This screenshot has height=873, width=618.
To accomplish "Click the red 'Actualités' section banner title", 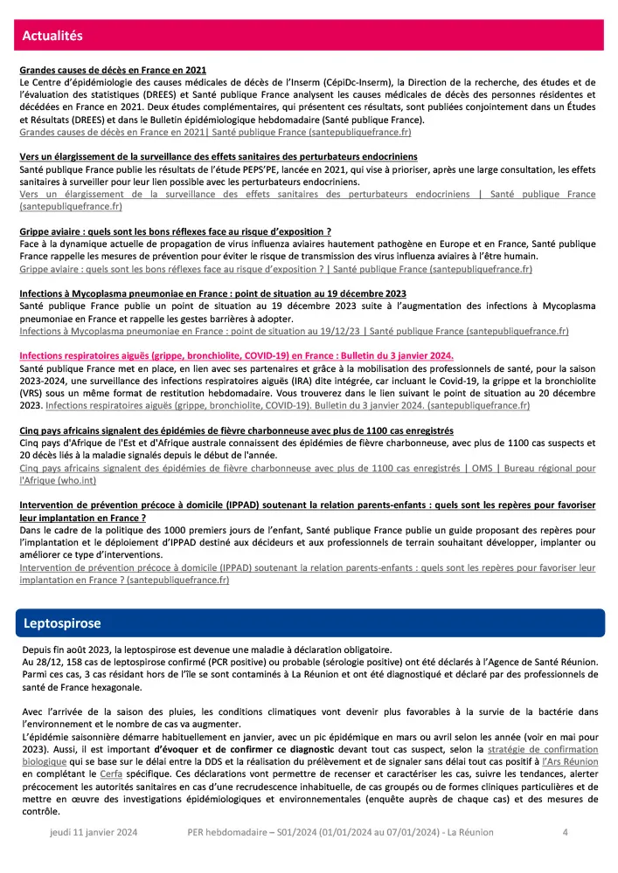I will [52, 36].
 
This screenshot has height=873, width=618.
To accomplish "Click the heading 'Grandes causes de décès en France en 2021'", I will [113, 70].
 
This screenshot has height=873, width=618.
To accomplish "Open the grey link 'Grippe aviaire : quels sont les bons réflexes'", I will [275, 270].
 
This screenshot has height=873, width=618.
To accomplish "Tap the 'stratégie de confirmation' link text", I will [543, 749].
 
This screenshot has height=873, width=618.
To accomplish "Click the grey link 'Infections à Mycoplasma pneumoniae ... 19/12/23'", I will [294, 332].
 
